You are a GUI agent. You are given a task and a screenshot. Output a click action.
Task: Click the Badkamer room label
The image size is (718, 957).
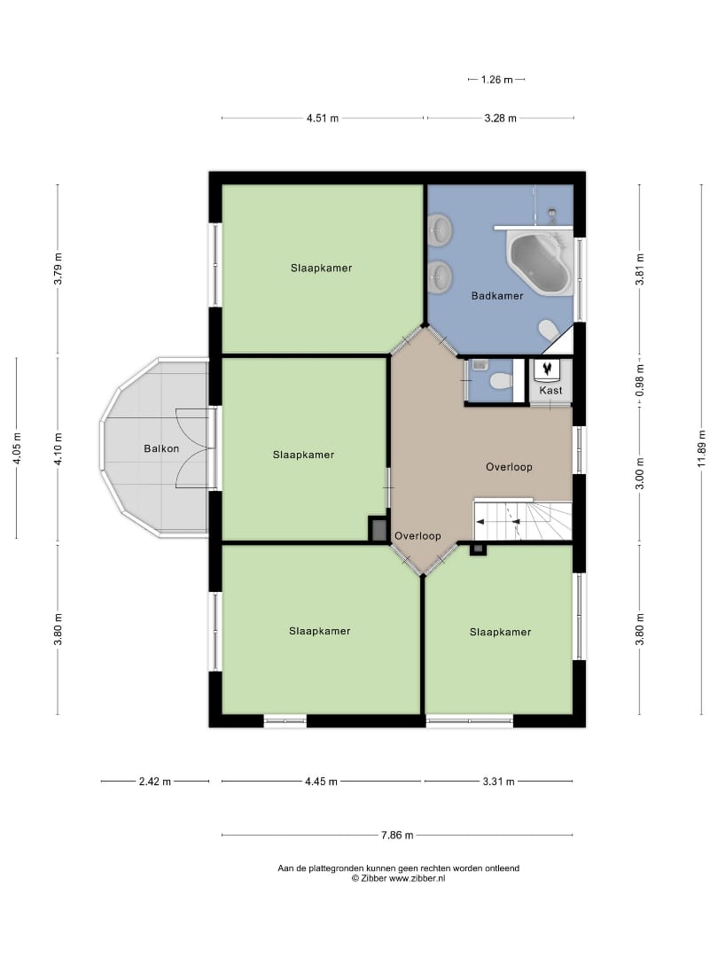tap(497, 296)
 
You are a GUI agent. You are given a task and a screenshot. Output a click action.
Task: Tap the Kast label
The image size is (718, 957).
tap(550, 391)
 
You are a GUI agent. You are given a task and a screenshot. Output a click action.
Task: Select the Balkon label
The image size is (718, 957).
tap(161, 448)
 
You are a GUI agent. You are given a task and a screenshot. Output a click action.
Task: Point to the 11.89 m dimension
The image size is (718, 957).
tap(701, 448)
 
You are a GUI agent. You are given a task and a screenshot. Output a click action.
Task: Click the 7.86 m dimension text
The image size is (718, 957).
tap(397, 835)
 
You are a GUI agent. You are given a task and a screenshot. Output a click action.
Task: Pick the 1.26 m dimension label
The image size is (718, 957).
tap(497, 80)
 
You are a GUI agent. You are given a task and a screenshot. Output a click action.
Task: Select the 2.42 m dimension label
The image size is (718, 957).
tap(155, 782)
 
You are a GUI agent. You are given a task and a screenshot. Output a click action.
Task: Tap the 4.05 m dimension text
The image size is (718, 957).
tap(17, 448)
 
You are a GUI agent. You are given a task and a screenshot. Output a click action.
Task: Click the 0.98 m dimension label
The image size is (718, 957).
tap(640, 380)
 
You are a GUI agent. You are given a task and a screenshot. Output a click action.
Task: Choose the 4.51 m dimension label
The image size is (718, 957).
tap(323, 119)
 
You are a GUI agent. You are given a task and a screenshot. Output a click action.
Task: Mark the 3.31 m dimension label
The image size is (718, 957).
tap(499, 782)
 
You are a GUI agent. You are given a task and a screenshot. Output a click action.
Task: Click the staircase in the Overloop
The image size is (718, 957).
tap(523, 521)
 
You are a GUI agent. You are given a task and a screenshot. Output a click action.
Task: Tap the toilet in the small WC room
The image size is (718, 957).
tap(500, 381)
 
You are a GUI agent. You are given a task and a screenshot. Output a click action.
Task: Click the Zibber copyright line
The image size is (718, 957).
tap(398, 878)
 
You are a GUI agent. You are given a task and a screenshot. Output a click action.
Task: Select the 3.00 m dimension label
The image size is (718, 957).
tap(640, 473)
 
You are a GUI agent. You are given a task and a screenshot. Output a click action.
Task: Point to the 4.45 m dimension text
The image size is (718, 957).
tap(321, 782)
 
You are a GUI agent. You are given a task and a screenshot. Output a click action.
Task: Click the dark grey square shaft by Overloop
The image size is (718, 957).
tap(379, 529)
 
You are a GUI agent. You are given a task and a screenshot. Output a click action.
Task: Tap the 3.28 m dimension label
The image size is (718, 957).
tap(501, 119)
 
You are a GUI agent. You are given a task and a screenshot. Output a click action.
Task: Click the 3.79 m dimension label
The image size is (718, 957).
tap(58, 269)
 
